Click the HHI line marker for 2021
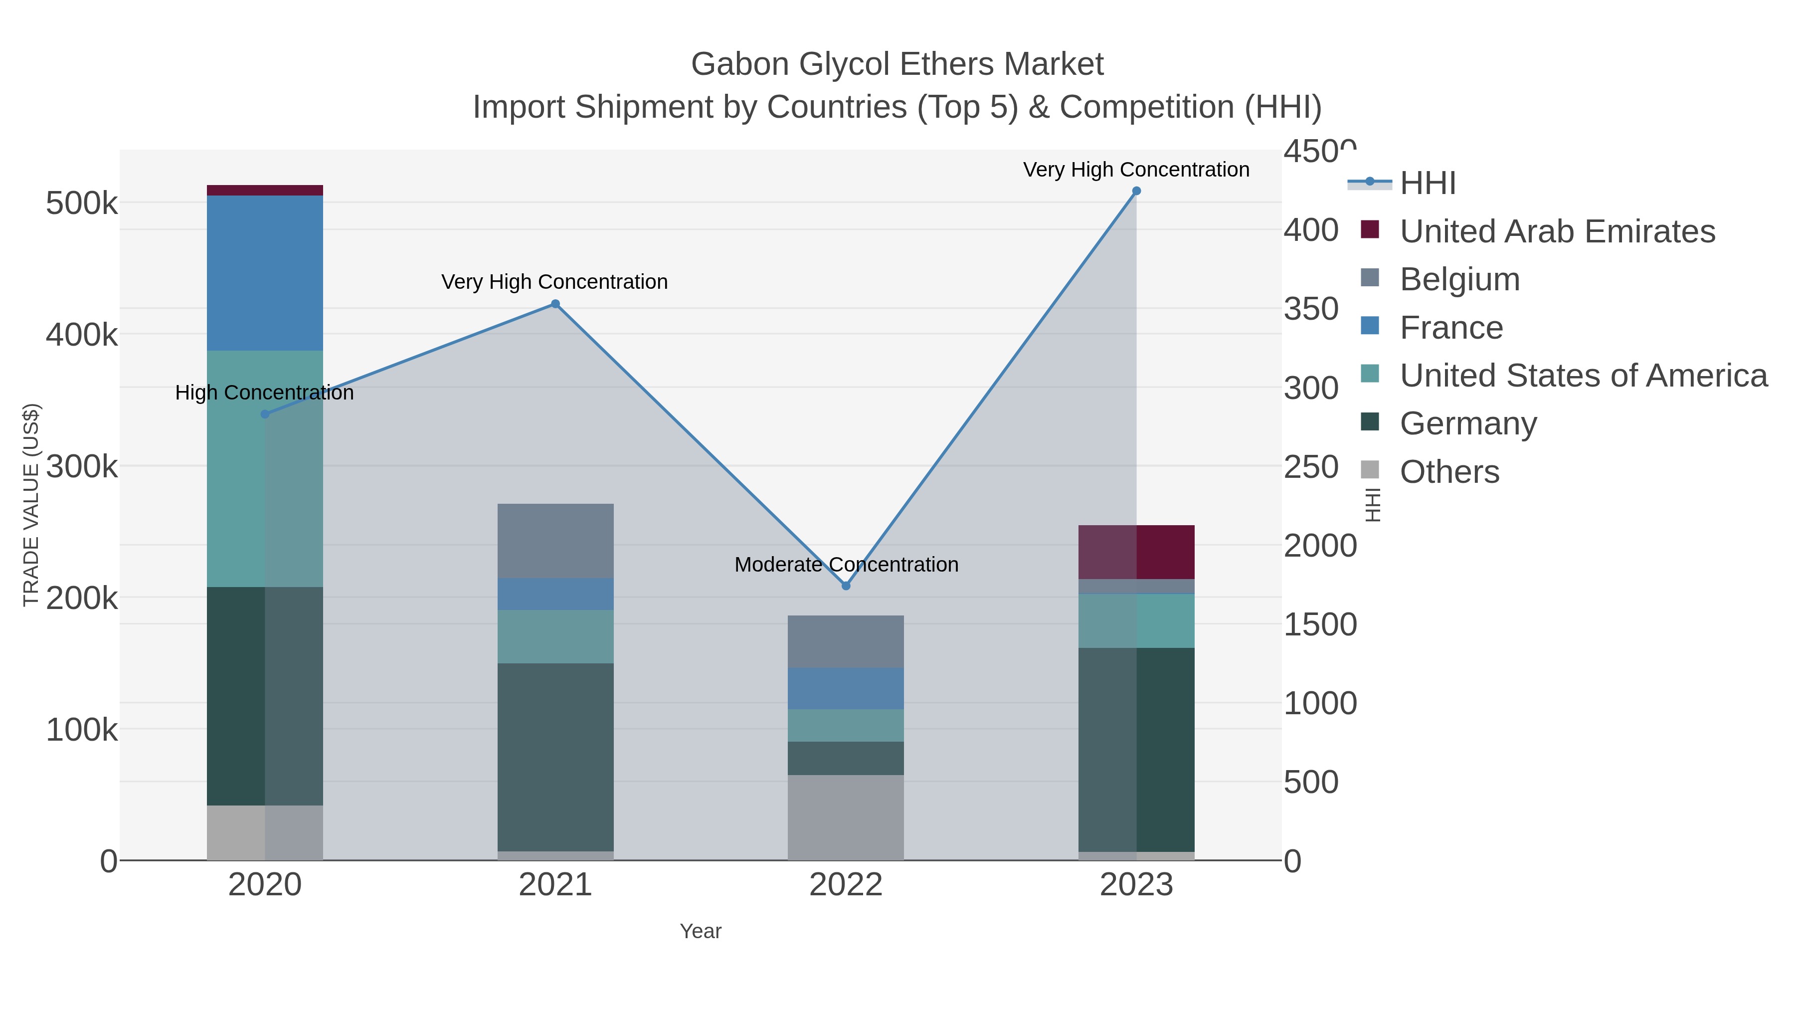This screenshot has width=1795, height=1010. [x=555, y=304]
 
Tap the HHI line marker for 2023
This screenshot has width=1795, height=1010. [x=1136, y=191]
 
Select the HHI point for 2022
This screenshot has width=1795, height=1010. [x=846, y=586]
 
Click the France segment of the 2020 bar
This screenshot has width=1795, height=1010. [x=265, y=273]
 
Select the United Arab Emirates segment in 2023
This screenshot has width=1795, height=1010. [x=1136, y=552]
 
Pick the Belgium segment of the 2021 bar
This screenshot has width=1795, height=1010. [x=555, y=541]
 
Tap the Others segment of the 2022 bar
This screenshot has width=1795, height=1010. [x=846, y=817]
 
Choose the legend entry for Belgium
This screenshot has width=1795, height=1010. [x=1459, y=279]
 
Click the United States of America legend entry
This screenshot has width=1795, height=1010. [x=1583, y=376]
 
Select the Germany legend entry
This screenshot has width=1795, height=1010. [x=1467, y=424]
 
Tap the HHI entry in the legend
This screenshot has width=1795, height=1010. [x=1427, y=184]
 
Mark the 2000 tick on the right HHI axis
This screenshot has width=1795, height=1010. [x=1320, y=546]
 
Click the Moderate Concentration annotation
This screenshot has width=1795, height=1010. [x=846, y=565]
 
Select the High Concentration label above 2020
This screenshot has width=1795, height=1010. [x=265, y=393]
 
